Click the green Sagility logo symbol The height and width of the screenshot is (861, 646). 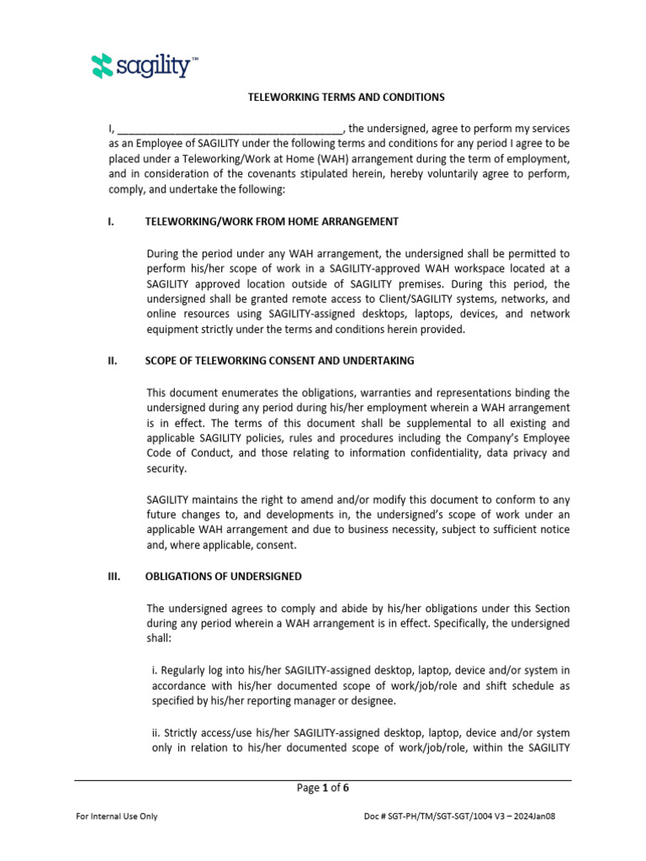pyautogui.click(x=101, y=66)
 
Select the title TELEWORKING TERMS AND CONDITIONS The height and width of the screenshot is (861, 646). pyautogui.click(x=346, y=98)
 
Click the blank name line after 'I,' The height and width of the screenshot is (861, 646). pyautogui.click(x=229, y=129)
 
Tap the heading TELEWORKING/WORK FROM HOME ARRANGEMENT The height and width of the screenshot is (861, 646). pyautogui.click(x=272, y=222)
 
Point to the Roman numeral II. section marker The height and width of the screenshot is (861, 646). pyautogui.click(x=112, y=361)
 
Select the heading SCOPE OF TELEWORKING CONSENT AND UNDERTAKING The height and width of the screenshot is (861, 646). pyautogui.click(x=279, y=361)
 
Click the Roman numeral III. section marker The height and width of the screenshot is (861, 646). pyautogui.click(x=114, y=577)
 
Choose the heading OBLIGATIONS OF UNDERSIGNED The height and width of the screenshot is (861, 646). pyautogui.click(x=224, y=577)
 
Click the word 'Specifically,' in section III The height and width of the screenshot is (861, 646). pyautogui.click(x=467, y=623)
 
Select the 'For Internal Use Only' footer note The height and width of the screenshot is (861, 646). pyautogui.click(x=117, y=816)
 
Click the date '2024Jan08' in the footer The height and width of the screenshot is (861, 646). pyautogui.click(x=545, y=816)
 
